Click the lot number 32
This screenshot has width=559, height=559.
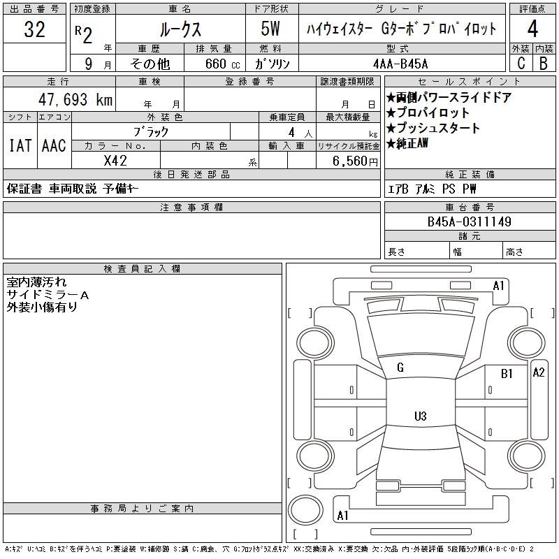[34, 29]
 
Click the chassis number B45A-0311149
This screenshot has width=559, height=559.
[470, 222]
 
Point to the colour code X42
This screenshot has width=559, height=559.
[115, 160]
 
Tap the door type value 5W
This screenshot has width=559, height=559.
[272, 29]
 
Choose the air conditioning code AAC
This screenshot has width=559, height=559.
[54, 146]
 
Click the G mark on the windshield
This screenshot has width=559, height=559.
[400, 368]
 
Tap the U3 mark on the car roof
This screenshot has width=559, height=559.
[420, 416]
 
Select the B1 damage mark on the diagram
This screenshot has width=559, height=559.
[507, 374]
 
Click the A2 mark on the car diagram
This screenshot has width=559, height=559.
[538, 372]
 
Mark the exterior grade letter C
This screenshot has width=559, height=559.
[521, 63]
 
